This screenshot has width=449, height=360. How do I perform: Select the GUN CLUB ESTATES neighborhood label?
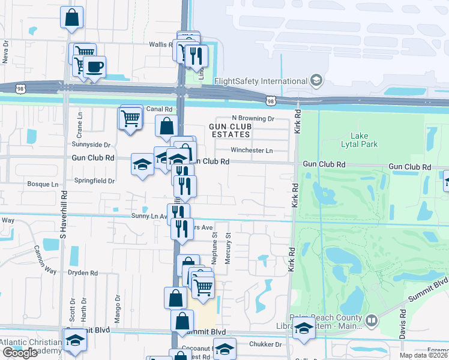(231, 131)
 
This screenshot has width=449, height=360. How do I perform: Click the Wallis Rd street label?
(160, 44)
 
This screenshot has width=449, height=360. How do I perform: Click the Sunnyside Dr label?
(91, 145)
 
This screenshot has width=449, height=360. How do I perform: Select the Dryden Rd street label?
(83, 272)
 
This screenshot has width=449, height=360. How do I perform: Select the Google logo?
(20, 353)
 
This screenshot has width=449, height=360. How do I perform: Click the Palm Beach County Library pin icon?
(370, 321)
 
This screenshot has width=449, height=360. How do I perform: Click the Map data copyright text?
(424, 355)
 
